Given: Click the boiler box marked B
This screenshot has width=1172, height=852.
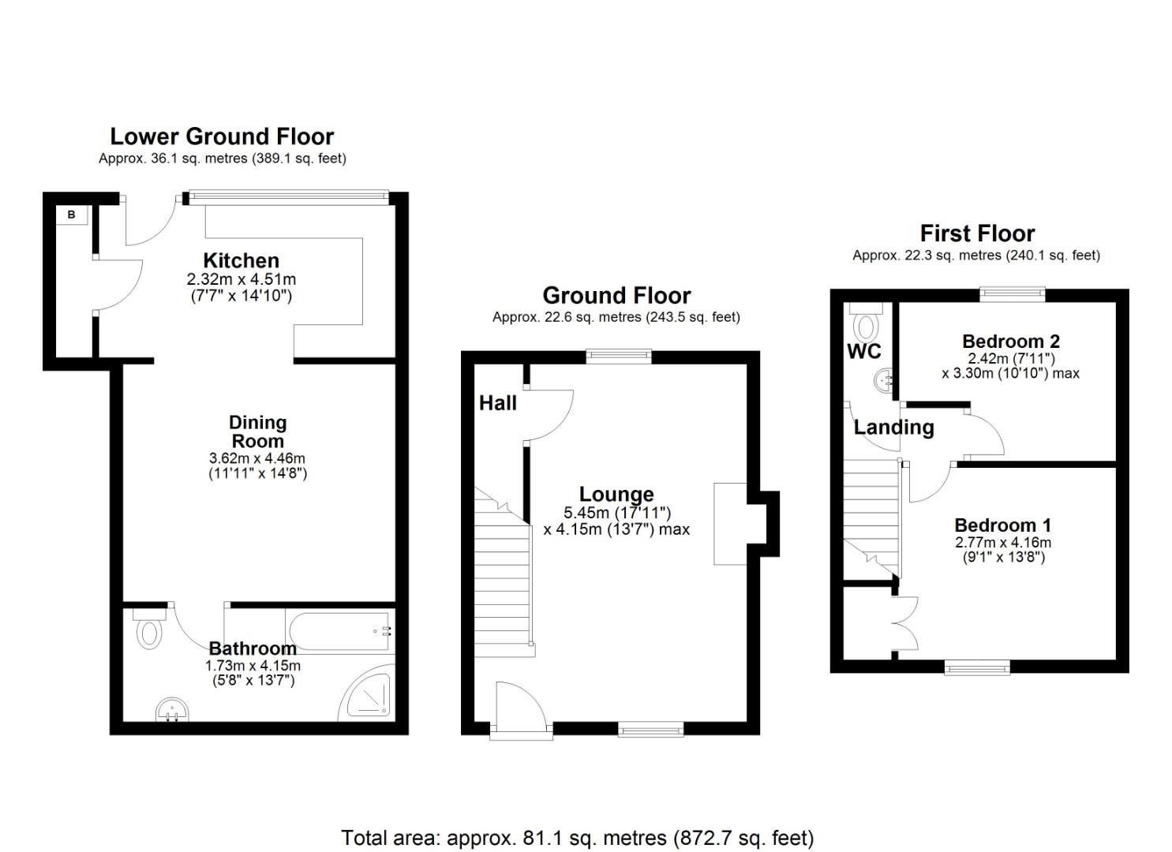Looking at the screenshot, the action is (72, 215).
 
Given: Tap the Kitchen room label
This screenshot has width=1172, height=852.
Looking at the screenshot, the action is (242, 260).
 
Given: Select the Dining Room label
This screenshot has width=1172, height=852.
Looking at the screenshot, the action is (257, 432).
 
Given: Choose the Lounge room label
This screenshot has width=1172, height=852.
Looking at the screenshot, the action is (616, 495).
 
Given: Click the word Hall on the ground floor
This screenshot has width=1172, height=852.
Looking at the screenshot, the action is (497, 402).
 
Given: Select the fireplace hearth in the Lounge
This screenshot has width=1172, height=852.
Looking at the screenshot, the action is (730, 524).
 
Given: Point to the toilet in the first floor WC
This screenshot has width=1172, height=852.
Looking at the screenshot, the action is (866, 322).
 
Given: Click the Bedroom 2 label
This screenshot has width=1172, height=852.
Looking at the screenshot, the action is (1011, 342).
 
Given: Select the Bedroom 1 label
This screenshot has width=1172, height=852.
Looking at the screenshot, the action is (1002, 525).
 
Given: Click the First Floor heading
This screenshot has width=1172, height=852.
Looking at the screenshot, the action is (977, 234).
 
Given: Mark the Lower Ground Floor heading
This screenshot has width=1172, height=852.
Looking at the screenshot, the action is (222, 136).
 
